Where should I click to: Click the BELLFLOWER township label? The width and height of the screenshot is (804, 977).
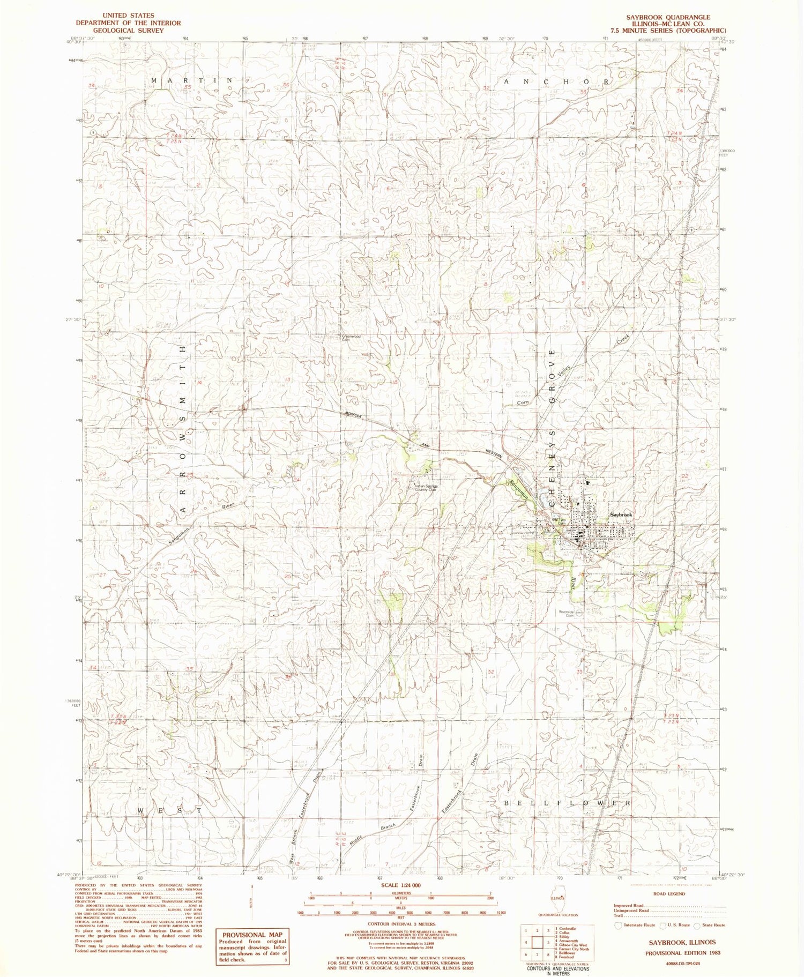click(x=567, y=803)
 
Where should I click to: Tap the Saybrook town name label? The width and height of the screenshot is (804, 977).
click(x=621, y=514)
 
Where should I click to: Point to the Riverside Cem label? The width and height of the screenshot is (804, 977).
click(x=566, y=613)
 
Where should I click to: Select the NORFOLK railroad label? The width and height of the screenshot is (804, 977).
click(x=355, y=415)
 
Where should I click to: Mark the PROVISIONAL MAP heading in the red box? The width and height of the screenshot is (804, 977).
click(x=251, y=935)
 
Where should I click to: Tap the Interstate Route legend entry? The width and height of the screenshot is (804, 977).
click(x=636, y=925)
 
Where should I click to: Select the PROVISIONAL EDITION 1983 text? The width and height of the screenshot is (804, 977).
click(x=682, y=953)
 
